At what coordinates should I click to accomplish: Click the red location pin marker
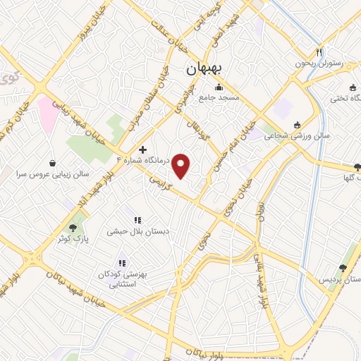click(x=182, y=165)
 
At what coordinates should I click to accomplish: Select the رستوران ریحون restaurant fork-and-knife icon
click(x=319, y=52)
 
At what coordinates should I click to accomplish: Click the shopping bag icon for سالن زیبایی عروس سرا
click(x=52, y=161)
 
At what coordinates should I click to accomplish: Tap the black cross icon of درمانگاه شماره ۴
click(x=143, y=149)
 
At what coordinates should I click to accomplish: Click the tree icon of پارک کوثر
click(x=73, y=228)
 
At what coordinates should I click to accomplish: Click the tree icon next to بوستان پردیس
click(x=343, y=268)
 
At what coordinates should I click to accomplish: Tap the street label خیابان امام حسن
click(x=237, y=146)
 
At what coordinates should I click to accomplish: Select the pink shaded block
click(x=49, y=113)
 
